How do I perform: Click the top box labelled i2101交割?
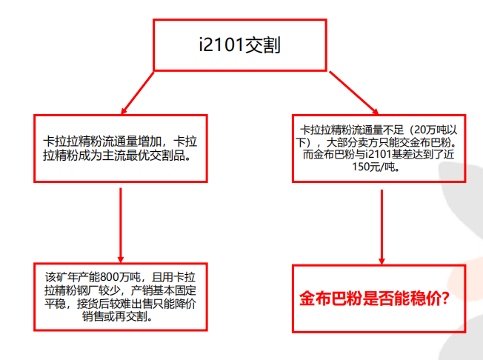[x=239, y=44]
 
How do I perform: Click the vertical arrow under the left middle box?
[x=121, y=222]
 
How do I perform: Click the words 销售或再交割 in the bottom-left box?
[x=121, y=316]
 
